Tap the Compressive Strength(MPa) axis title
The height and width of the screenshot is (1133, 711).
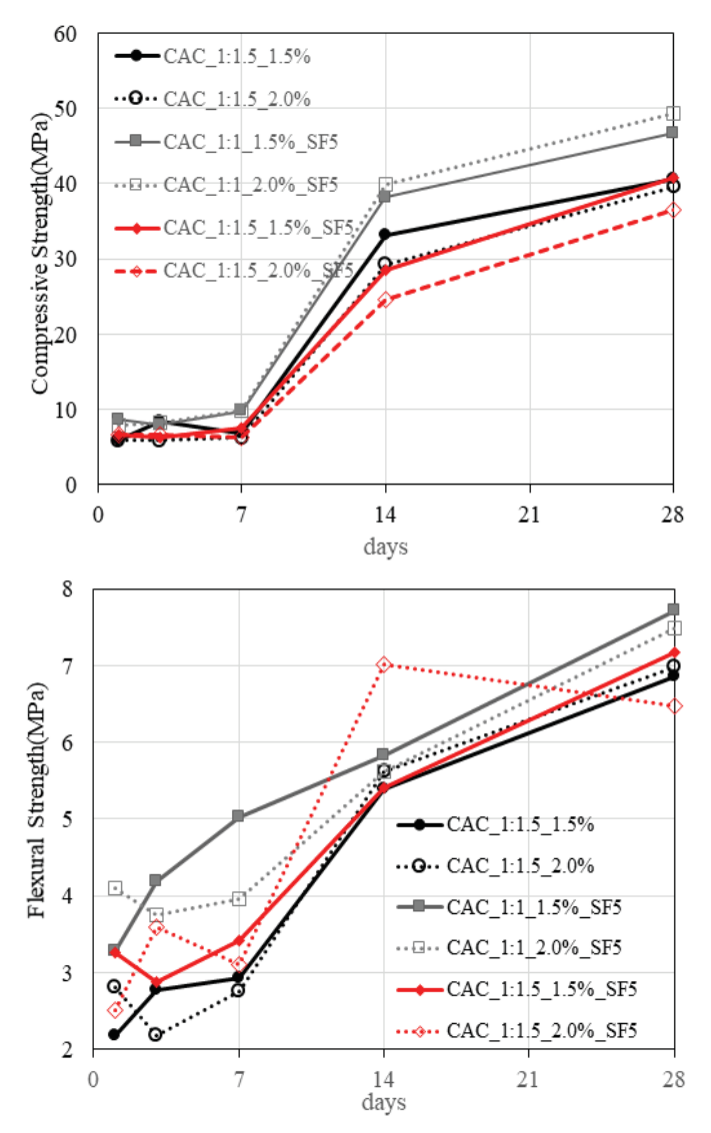tap(42, 260)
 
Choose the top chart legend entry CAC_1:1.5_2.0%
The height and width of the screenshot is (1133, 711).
tap(236, 98)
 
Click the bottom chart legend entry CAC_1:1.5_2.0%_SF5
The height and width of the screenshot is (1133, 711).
tap(542, 1029)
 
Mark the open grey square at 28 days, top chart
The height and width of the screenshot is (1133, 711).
tap(673, 114)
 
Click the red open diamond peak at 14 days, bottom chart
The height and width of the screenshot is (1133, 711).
tap(384, 664)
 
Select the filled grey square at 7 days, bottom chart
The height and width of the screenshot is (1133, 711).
tap(238, 816)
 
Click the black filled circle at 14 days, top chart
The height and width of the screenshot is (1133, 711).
tap(385, 235)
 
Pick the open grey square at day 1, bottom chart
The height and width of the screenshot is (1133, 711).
tap(115, 888)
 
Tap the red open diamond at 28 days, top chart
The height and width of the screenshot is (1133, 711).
tap(673, 210)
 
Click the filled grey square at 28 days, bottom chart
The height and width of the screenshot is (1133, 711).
tap(673, 609)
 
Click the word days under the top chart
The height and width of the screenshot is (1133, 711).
tap(385, 548)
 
